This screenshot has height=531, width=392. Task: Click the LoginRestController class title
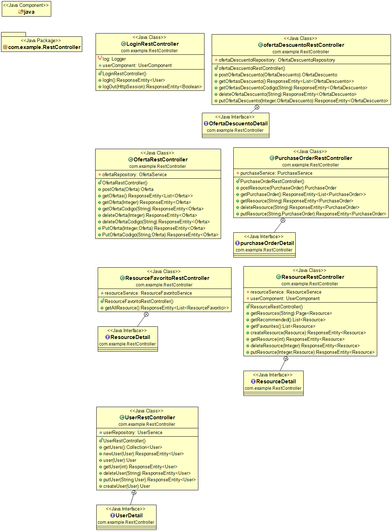(152, 44)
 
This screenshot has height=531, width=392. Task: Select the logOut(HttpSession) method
(152, 87)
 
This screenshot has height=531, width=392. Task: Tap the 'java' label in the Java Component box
(29, 12)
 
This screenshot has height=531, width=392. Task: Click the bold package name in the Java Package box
(44, 47)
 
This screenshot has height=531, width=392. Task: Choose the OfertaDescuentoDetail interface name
(238, 124)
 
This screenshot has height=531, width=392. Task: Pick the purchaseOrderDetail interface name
(267, 243)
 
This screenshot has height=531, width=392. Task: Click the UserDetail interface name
(129, 516)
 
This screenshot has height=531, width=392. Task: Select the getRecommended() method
(288, 320)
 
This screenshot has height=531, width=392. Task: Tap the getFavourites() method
(283, 326)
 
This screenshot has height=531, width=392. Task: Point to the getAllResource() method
(167, 308)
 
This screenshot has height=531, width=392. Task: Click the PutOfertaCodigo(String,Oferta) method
(160, 235)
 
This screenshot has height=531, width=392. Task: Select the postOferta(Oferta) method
(128, 189)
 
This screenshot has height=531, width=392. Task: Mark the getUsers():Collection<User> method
(133, 447)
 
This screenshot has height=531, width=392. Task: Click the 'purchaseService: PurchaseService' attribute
(276, 173)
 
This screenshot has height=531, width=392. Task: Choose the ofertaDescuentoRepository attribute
(277, 60)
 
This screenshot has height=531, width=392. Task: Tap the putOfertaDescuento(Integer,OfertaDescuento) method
(303, 101)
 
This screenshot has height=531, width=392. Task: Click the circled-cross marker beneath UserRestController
(134, 492)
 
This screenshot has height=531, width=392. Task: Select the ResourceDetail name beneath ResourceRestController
(276, 381)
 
